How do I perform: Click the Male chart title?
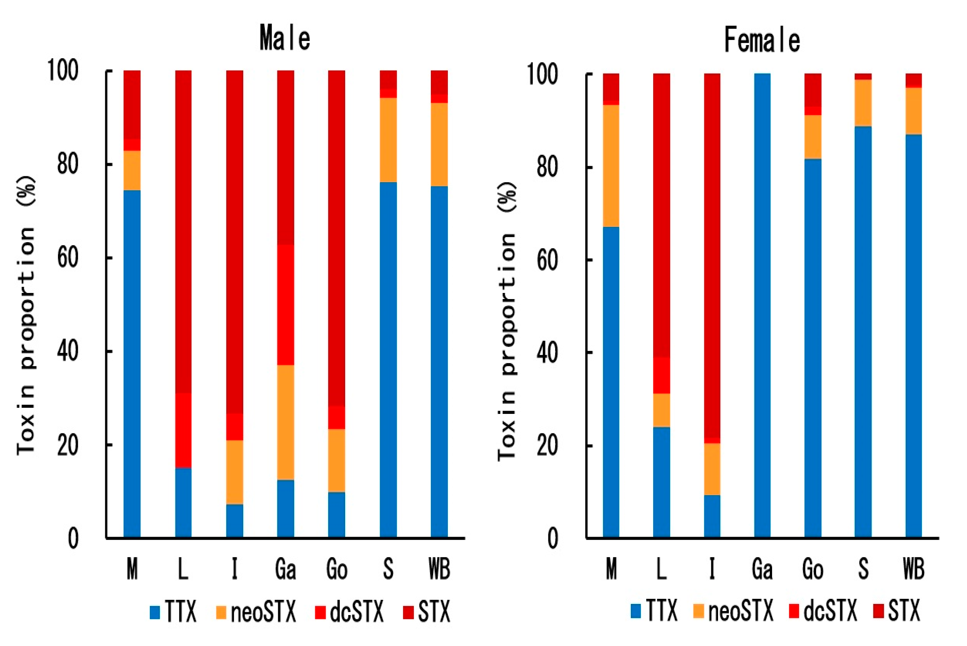pyautogui.click(x=285, y=38)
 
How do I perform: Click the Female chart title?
pyautogui.click(x=762, y=40)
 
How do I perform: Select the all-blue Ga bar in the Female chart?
pyautogui.click(x=762, y=305)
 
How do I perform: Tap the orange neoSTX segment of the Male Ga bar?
pyautogui.click(x=285, y=422)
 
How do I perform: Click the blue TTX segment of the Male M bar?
pyautogui.click(x=132, y=362)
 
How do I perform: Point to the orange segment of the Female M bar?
pyautogui.click(x=611, y=166)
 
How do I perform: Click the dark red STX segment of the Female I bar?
pyautogui.click(x=712, y=256)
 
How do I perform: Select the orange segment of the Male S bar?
pyautogui.click(x=388, y=140)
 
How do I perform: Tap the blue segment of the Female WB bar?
pyautogui.click(x=913, y=336)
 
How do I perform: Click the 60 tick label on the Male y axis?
pyautogui.click(x=68, y=258)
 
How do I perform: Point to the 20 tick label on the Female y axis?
pyautogui.click(x=547, y=446)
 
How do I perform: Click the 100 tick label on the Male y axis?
pyautogui.click(x=63, y=71)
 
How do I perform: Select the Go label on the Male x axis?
pyautogui.click(x=337, y=569)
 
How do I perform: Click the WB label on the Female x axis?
pyautogui.click(x=913, y=569)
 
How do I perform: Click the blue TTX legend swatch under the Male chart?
pyautogui.click(x=155, y=612)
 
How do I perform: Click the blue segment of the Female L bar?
pyautogui.click(x=661, y=482)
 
